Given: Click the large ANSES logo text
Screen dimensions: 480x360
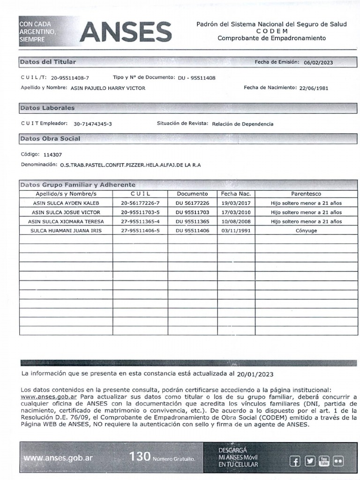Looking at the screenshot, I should click(126, 32).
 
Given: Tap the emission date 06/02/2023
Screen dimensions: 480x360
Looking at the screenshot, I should click(318, 62).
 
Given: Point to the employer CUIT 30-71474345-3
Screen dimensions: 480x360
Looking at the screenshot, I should click(93, 124).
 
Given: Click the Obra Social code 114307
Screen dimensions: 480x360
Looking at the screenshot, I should click(52, 154).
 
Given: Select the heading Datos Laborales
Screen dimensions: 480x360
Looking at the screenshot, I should click(47, 108).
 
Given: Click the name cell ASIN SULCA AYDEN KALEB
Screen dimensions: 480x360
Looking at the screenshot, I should click(66, 203).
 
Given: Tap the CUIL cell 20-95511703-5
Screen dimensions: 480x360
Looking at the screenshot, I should click(140, 212).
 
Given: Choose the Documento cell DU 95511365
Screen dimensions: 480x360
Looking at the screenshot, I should click(192, 221).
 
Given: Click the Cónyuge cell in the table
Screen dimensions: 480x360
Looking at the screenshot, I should click(306, 231).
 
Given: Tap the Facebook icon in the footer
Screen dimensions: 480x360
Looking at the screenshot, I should click(295, 461).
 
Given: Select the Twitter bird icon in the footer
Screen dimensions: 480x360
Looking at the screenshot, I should click(309, 461).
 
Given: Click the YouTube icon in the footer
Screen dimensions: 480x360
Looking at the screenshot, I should click(324, 461).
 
